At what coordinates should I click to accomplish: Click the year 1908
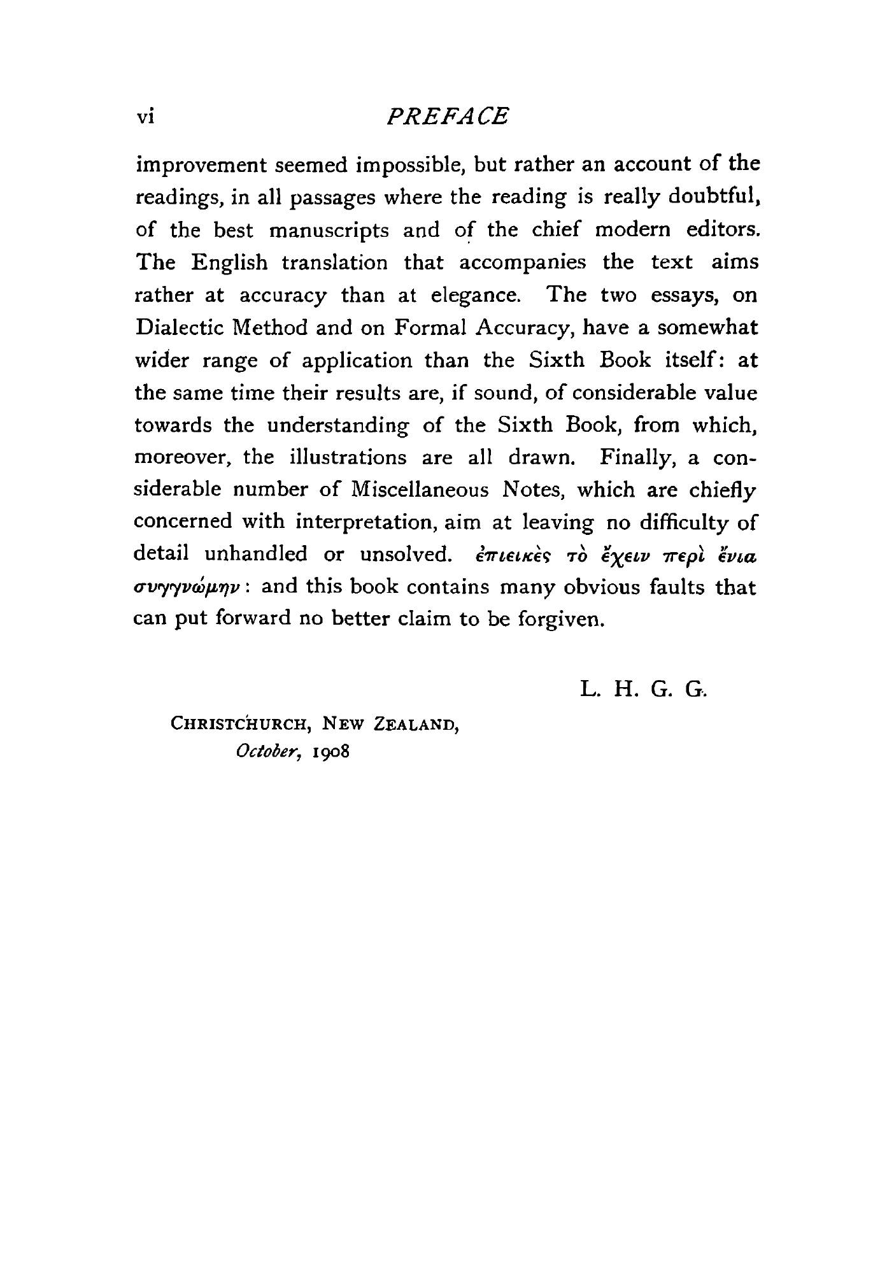[331, 751]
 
